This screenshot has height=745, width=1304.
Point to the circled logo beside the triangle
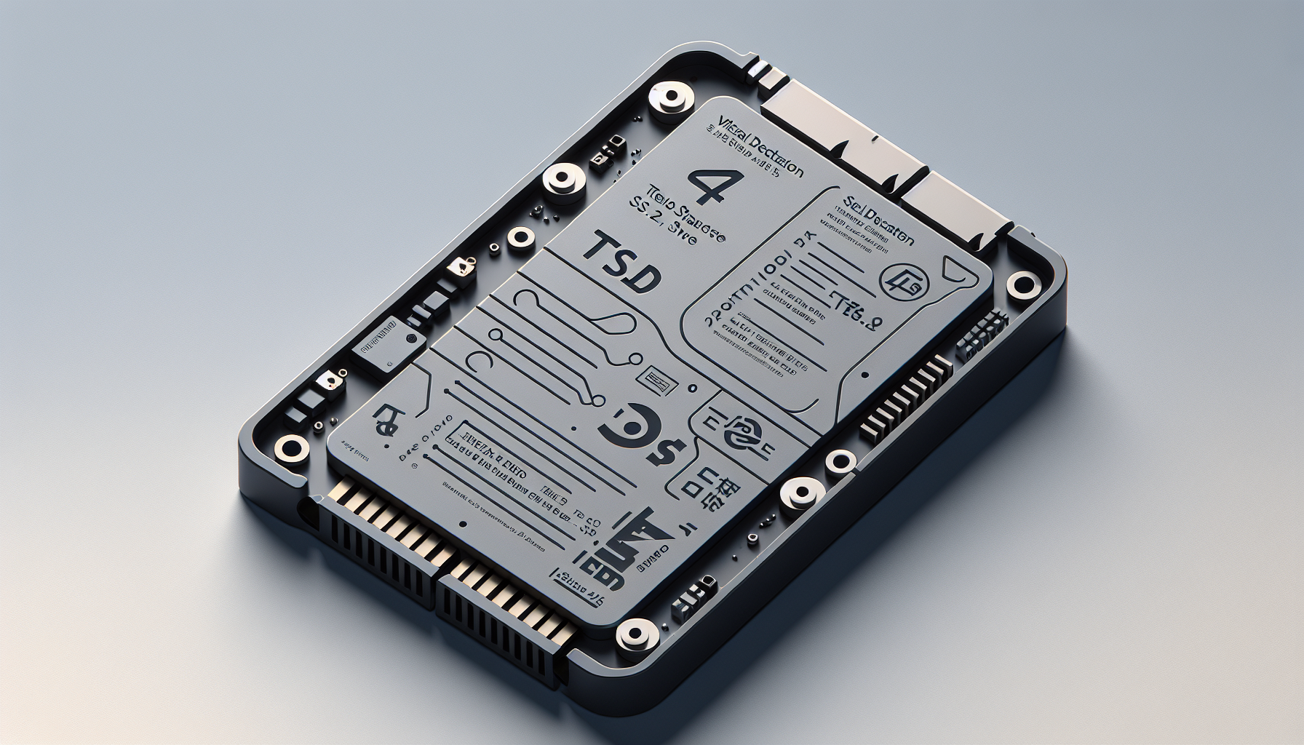(x=901, y=281)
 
